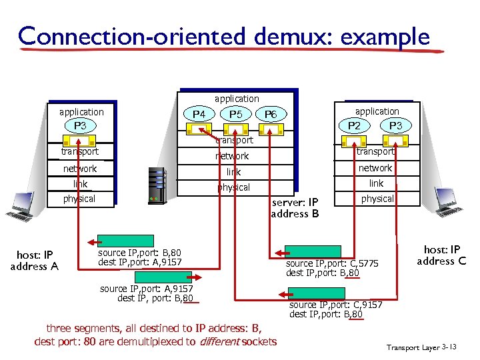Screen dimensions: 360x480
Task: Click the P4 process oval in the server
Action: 199,115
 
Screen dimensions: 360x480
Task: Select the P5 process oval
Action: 235,115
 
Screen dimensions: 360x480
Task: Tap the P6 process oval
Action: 271,115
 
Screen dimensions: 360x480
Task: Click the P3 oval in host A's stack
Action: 80,126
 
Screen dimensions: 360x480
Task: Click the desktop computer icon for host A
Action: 20,207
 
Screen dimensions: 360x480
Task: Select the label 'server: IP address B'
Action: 295,208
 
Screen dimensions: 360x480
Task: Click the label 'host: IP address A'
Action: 34,260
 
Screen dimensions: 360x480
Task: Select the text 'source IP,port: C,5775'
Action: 332,264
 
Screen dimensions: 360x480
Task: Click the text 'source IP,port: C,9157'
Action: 336,305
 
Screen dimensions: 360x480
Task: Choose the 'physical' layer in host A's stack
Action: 79,199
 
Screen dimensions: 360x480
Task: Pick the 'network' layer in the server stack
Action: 232,156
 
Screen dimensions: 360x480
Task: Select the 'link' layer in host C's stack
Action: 377,183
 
